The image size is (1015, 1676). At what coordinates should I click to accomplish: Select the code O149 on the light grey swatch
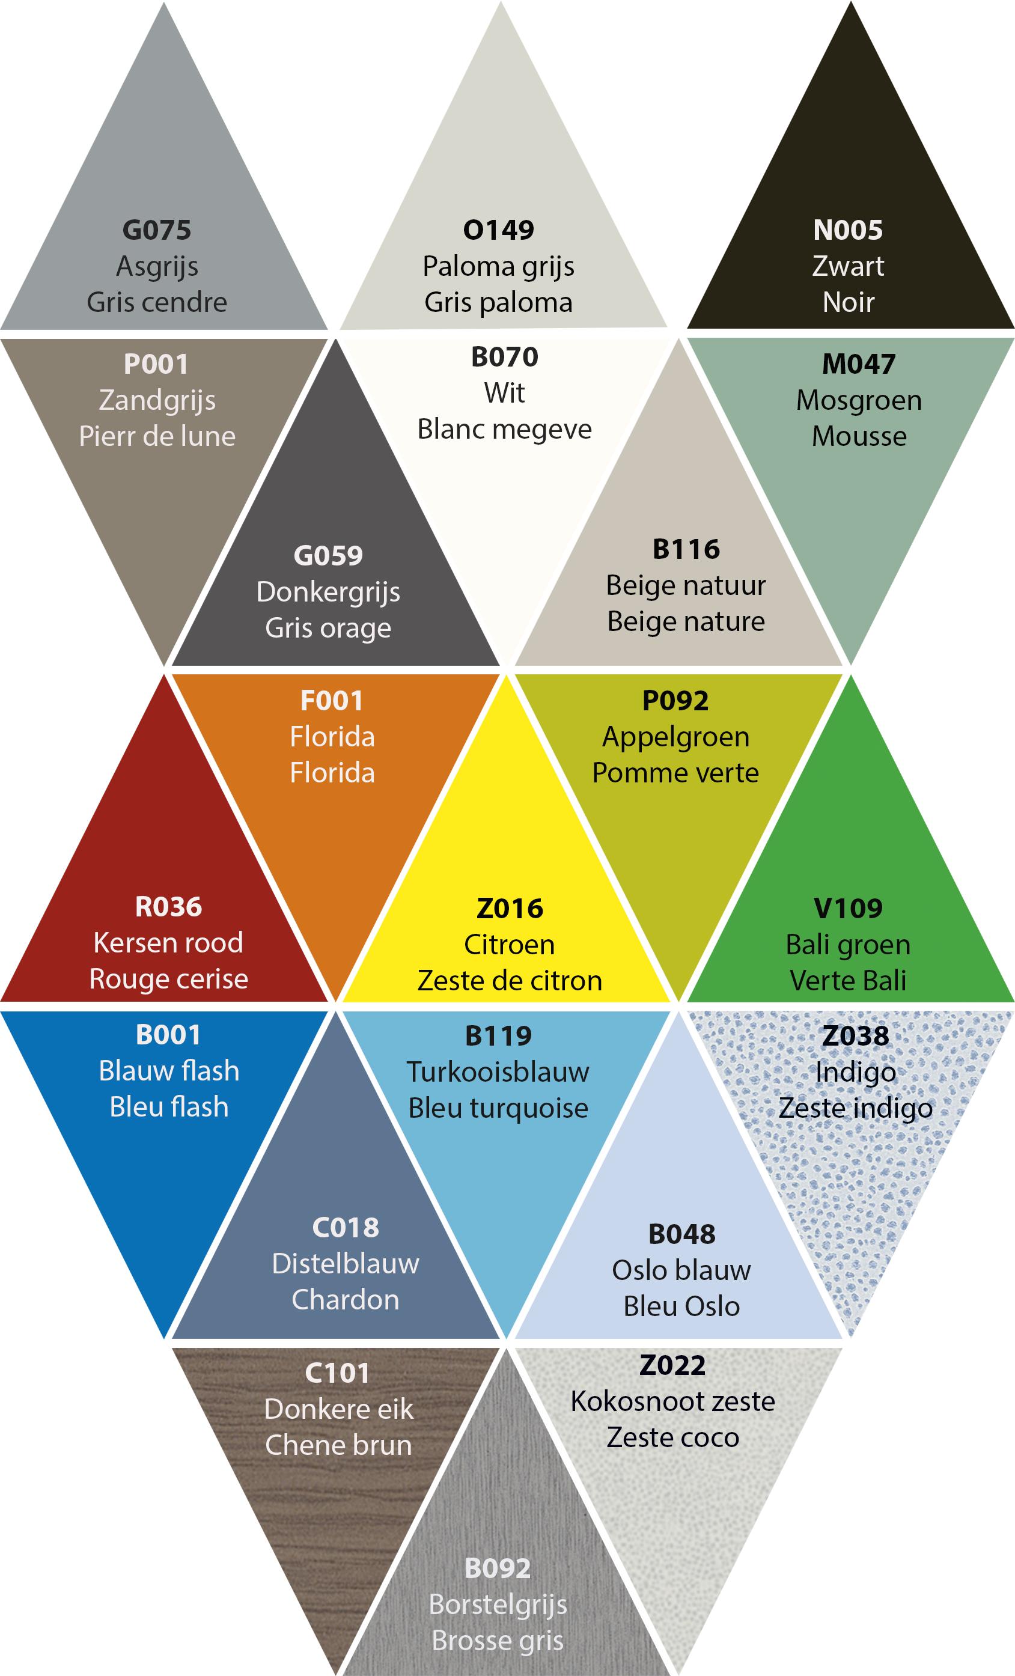pyautogui.click(x=499, y=230)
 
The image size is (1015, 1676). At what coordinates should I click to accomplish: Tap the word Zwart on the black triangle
pyautogui.click(x=848, y=266)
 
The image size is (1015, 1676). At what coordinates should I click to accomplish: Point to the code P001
pyautogui.click(x=156, y=364)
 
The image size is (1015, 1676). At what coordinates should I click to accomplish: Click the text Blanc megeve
pyautogui.click(x=504, y=428)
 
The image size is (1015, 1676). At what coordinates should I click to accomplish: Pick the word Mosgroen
pyautogui.click(x=859, y=400)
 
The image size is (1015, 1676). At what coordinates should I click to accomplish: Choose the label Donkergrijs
pyautogui.click(x=328, y=592)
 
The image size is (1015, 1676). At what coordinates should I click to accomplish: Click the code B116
pyautogui.click(x=686, y=549)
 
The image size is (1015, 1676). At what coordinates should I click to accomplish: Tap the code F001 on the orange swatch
pyautogui.click(x=332, y=701)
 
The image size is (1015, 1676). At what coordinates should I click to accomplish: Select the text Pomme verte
pyautogui.click(x=675, y=773)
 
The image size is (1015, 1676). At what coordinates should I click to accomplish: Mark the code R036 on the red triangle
pyautogui.click(x=168, y=907)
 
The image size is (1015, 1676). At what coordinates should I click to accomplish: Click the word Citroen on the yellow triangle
pyautogui.click(x=509, y=944)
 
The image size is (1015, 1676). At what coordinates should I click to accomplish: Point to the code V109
pyautogui.click(x=848, y=908)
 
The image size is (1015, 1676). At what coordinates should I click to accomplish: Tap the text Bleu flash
pyautogui.click(x=169, y=1107)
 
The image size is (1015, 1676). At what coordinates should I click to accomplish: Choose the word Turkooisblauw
pyautogui.click(x=498, y=1072)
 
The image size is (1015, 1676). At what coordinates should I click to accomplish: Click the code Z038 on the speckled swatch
pyautogui.click(x=855, y=1036)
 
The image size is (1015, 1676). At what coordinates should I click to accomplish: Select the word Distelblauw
pyautogui.click(x=345, y=1264)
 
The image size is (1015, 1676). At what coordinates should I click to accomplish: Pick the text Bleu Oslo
pyautogui.click(x=681, y=1306)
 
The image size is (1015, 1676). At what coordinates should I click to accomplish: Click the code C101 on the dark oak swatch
pyautogui.click(x=337, y=1373)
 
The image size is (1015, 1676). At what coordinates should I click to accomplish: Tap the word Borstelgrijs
pyautogui.click(x=498, y=1604)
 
